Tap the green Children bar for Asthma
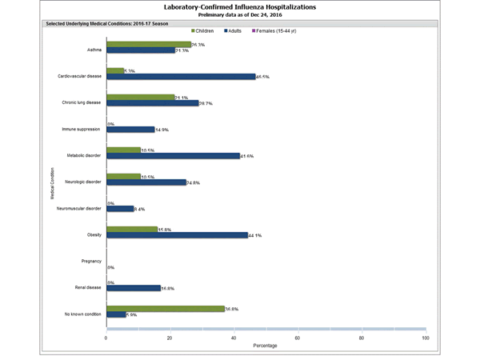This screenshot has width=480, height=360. [149, 45]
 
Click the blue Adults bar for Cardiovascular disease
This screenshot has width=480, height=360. [181, 77]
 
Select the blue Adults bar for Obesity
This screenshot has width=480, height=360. [177, 235]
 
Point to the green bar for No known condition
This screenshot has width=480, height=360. [165, 308]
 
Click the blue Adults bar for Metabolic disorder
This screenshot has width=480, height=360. [173, 156]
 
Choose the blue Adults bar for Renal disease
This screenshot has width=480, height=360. [133, 288]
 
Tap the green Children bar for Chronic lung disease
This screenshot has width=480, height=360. [140, 98]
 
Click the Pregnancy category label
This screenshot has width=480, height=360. [90, 262]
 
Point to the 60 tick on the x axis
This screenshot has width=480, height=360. [298, 338]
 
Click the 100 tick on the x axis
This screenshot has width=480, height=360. [425, 338]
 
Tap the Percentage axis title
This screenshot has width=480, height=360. [266, 346]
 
